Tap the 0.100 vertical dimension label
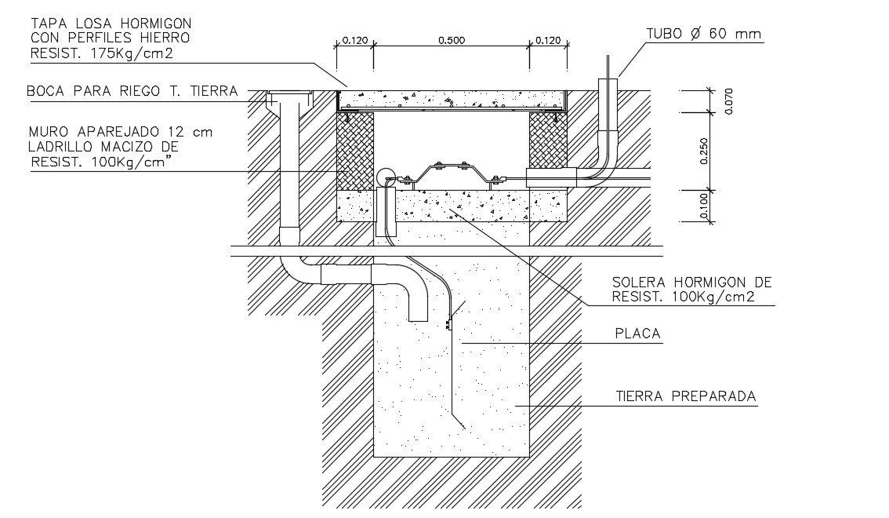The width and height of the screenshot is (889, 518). pyautogui.click(x=703, y=206)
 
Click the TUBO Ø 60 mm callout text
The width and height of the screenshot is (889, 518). pyautogui.click(x=703, y=34)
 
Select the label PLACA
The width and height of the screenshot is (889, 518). pyautogui.click(x=637, y=334)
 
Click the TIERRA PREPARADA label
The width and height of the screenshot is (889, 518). pyautogui.click(x=686, y=396)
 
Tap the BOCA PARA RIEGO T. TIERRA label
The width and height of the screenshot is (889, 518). pyautogui.click(x=132, y=91)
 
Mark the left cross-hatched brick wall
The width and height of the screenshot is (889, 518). pyautogui.click(x=355, y=151)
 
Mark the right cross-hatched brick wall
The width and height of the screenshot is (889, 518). pyautogui.click(x=548, y=140)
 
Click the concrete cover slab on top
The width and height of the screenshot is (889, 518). pyautogui.click(x=451, y=100)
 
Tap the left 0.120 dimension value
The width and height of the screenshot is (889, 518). pyautogui.click(x=354, y=40)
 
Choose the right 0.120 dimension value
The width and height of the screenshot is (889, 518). pyautogui.click(x=548, y=40)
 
